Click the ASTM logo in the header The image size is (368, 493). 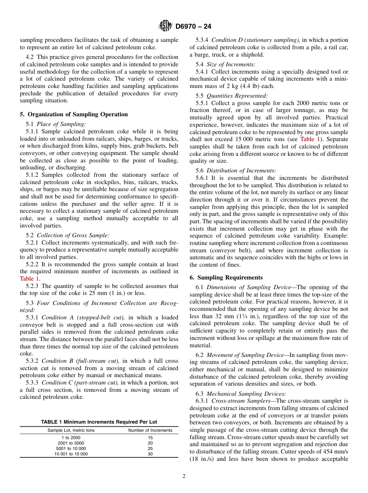pos(166,26)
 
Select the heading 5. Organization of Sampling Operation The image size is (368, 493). pos(74,114)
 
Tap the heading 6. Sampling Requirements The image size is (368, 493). pos(226,278)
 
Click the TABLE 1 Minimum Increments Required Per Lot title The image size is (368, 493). pos(99,422)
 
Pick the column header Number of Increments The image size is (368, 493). pos(150,430)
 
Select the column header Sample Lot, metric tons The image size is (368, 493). pos(71,430)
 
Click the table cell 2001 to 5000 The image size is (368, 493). pos(71,443)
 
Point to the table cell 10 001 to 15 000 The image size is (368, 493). pos(71,453)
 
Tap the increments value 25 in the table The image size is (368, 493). pos(150,448)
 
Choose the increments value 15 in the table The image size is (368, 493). pos(150,437)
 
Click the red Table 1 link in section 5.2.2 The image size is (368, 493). pos(29,279)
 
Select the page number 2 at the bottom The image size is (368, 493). pos(184,476)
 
